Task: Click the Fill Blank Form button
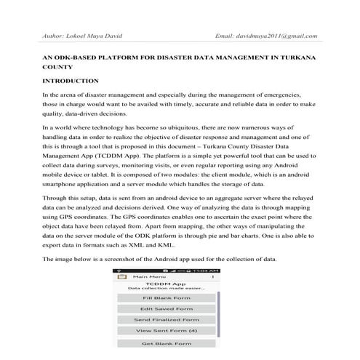tap(167, 298)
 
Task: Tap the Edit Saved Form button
tap(167, 309)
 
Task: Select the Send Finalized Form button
tap(167, 320)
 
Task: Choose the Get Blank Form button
tap(167, 343)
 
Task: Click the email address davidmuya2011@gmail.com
tap(277, 35)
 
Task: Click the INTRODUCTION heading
tap(71, 81)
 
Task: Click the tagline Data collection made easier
tap(166, 289)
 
